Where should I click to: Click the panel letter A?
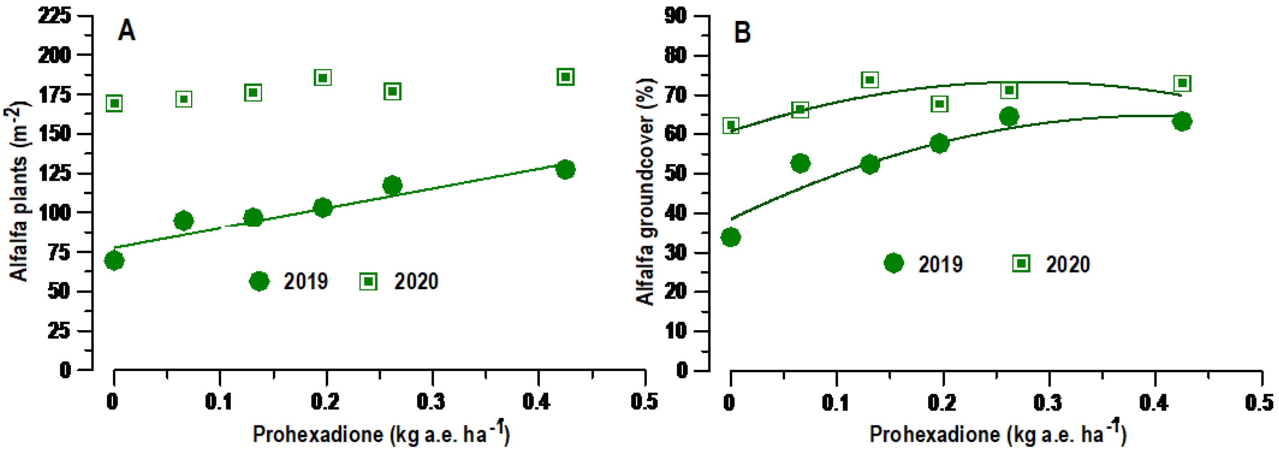tap(126, 31)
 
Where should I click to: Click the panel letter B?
tap(742, 33)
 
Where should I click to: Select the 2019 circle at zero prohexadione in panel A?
tap(114, 261)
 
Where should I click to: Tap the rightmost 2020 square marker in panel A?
tap(566, 77)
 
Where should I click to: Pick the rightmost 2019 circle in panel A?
tap(566, 169)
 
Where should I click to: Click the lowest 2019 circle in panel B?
tap(730, 237)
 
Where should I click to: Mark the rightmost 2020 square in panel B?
tap(1183, 83)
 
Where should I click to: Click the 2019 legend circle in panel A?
tap(259, 281)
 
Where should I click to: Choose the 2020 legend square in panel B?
tap(1021, 263)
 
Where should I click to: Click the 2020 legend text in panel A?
tap(416, 281)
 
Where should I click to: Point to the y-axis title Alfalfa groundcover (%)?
tap(645, 191)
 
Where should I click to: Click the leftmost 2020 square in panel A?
tap(114, 103)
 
